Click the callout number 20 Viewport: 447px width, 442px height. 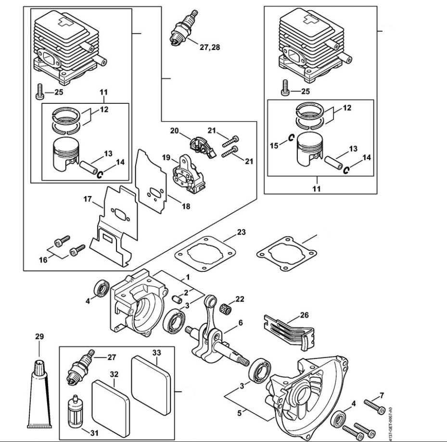pyautogui.click(x=174, y=131)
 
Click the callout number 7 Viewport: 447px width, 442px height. pyautogui.click(x=382, y=395)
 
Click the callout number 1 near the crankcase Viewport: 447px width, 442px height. pyautogui.click(x=187, y=277)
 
